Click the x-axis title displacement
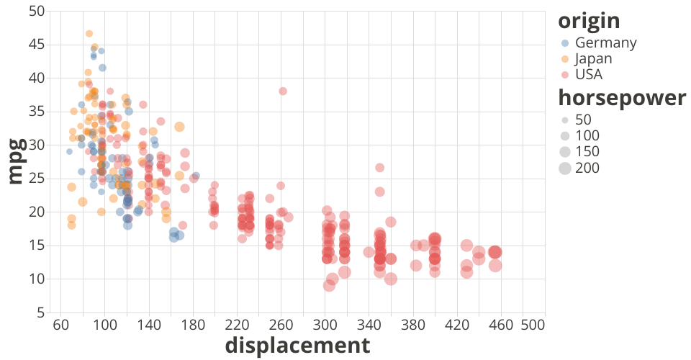click(297, 346)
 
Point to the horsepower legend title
click(623, 99)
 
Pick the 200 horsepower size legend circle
click(566, 168)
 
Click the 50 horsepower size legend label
click(583, 119)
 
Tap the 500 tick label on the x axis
click(532, 325)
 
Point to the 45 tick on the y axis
click(37, 45)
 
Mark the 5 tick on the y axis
click(40, 312)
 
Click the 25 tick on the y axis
click(37, 179)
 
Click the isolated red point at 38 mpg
click(283, 91)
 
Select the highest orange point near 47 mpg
click(89, 33)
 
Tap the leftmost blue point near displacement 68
click(69, 151)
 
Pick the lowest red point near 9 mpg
click(329, 285)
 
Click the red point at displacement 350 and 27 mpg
click(379, 168)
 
